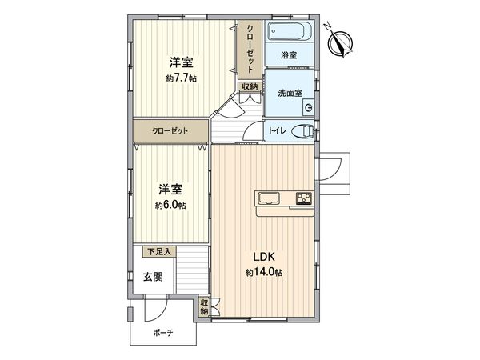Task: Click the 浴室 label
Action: click(289, 55)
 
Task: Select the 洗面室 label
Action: click(289, 93)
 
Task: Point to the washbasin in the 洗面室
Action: click(308, 107)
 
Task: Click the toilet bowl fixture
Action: click(303, 131)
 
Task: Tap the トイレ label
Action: click(277, 131)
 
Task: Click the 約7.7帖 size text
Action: click(181, 78)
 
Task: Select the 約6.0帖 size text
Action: click(170, 206)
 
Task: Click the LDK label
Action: click(264, 257)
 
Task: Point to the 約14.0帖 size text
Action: click(264, 273)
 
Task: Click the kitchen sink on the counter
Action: click(267, 198)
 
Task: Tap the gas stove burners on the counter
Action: click(303, 198)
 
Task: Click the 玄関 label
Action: click(154, 277)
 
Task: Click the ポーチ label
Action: click(162, 332)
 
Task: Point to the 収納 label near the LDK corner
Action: click(205, 306)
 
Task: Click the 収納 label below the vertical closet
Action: click(249, 86)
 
